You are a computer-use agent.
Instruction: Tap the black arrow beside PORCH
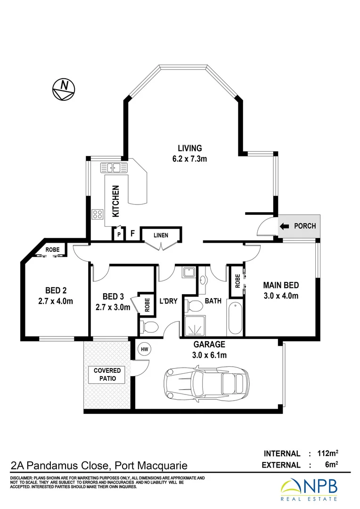click(x=285, y=226)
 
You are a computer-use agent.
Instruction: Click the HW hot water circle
click(x=144, y=349)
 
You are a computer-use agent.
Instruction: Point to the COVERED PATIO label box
click(x=107, y=375)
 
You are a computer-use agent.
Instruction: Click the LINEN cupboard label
click(x=161, y=235)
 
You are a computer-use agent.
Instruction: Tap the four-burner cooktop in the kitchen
click(x=98, y=214)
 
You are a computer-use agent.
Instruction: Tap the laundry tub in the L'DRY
click(x=188, y=273)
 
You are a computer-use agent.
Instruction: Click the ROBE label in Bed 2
click(x=52, y=249)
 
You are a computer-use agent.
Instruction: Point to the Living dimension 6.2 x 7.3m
click(x=189, y=159)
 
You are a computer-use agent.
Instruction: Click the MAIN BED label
click(x=280, y=285)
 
